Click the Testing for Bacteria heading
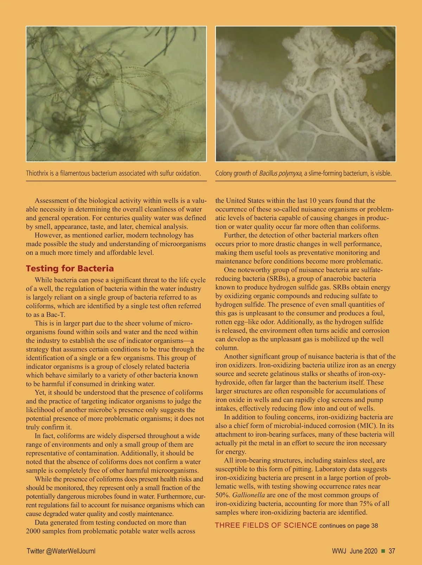tap(70, 269)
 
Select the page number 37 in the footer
tap(392, 551)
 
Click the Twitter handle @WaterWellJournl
tap(71, 551)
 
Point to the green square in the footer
tap(383, 551)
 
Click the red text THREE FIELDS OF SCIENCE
tap(266, 525)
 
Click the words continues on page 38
tap(349, 526)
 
